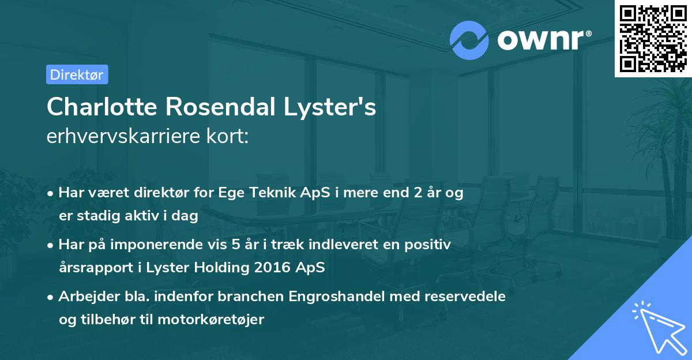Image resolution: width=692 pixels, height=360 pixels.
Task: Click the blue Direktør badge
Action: click(77, 74)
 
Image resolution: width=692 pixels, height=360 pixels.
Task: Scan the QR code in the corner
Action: click(653, 38)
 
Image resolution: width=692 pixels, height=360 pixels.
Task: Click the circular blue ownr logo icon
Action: click(469, 40)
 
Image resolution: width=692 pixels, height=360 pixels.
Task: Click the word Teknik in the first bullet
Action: click(268, 193)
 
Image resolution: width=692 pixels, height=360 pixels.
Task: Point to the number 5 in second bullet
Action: click(236, 245)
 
